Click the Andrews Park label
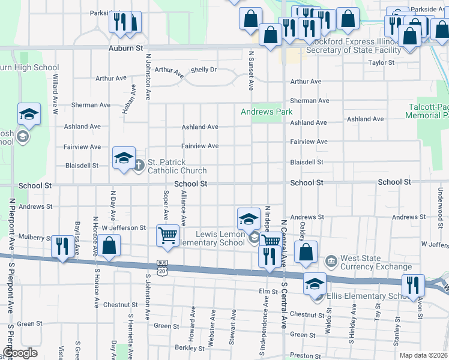[x=267, y=112]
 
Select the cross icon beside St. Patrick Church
[x=138, y=165]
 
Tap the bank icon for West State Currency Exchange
[x=331, y=262]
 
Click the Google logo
[x=19, y=353]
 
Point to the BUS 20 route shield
[x=161, y=267]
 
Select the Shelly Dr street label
[x=203, y=70]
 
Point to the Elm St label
[x=267, y=292]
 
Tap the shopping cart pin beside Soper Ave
[x=167, y=235]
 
